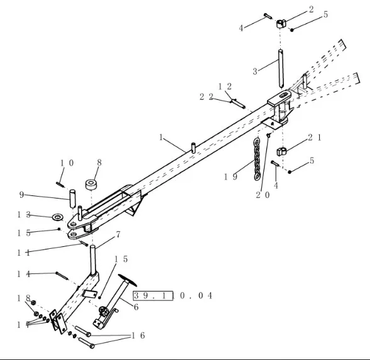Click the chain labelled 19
click(257, 160)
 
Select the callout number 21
click(315, 138)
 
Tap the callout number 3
click(255, 71)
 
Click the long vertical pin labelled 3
click(281, 68)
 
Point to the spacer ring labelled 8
click(92, 184)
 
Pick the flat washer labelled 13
click(57, 217)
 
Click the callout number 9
click(21, 195)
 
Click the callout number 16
click(138, 335)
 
